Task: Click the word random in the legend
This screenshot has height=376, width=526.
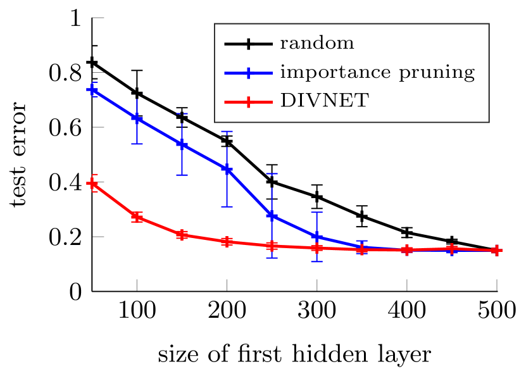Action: (316, 44)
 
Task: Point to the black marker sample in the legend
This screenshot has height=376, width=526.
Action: (248, 44)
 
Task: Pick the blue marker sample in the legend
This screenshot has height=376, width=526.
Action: (248, 73)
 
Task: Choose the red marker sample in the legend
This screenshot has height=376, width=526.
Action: (248, 101)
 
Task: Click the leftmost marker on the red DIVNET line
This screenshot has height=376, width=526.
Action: (92, 184)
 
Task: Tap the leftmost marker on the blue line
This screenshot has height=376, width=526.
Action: (92, 90)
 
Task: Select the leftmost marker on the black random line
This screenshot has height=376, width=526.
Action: (92, 62)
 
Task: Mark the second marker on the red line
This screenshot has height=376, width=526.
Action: (137, 217)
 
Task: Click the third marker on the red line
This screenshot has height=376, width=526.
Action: (182, 235)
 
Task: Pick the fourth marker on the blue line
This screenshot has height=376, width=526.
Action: (227, 169)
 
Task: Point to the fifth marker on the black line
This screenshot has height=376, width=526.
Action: (272, 182)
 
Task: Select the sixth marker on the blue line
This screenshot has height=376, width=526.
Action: (316, 237)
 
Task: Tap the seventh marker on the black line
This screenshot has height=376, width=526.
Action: (361, 216)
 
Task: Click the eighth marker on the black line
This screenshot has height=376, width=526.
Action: (406, 232)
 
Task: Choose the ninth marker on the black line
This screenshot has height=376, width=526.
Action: (451, 241)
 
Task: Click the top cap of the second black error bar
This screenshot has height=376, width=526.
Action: (137, 70)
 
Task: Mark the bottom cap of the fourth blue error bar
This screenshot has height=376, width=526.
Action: (227, 206)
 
